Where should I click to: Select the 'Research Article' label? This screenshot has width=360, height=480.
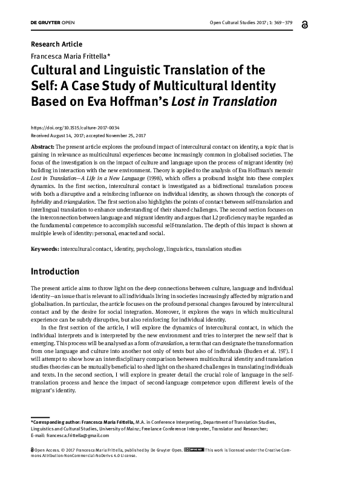[x=56, y=44]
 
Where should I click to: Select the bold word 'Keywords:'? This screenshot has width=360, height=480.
[x=45, y=248]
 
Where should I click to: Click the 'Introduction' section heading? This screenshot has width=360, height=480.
[x=55, y=272]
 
